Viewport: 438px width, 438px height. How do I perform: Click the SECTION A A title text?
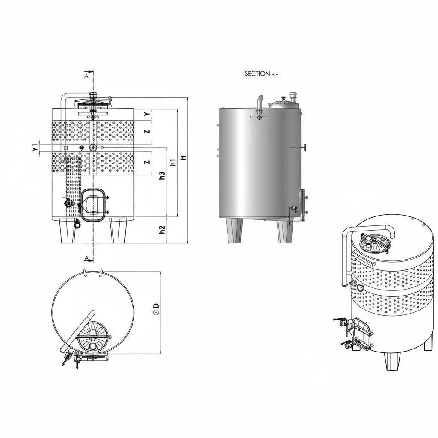261,74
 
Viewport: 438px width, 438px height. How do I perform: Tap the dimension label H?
183,157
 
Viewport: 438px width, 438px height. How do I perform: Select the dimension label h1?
173,162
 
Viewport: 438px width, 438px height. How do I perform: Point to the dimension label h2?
162,229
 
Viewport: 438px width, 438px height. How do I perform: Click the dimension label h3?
162,175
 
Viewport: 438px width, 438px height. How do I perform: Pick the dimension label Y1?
35,148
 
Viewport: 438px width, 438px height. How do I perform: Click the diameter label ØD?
157,309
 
